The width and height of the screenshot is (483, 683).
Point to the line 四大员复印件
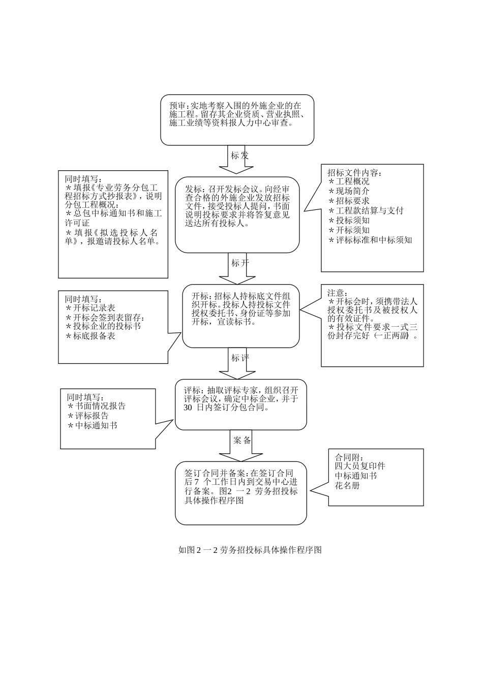pyautogui.click(x=360, y=466)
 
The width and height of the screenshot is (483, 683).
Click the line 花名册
pyautogui.click(x=347, y=485)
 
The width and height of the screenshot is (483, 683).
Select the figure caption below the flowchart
pyautogui.click(x=250, y=550)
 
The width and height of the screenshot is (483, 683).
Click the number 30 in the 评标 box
pyautogui.click(x=188, y=408)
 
